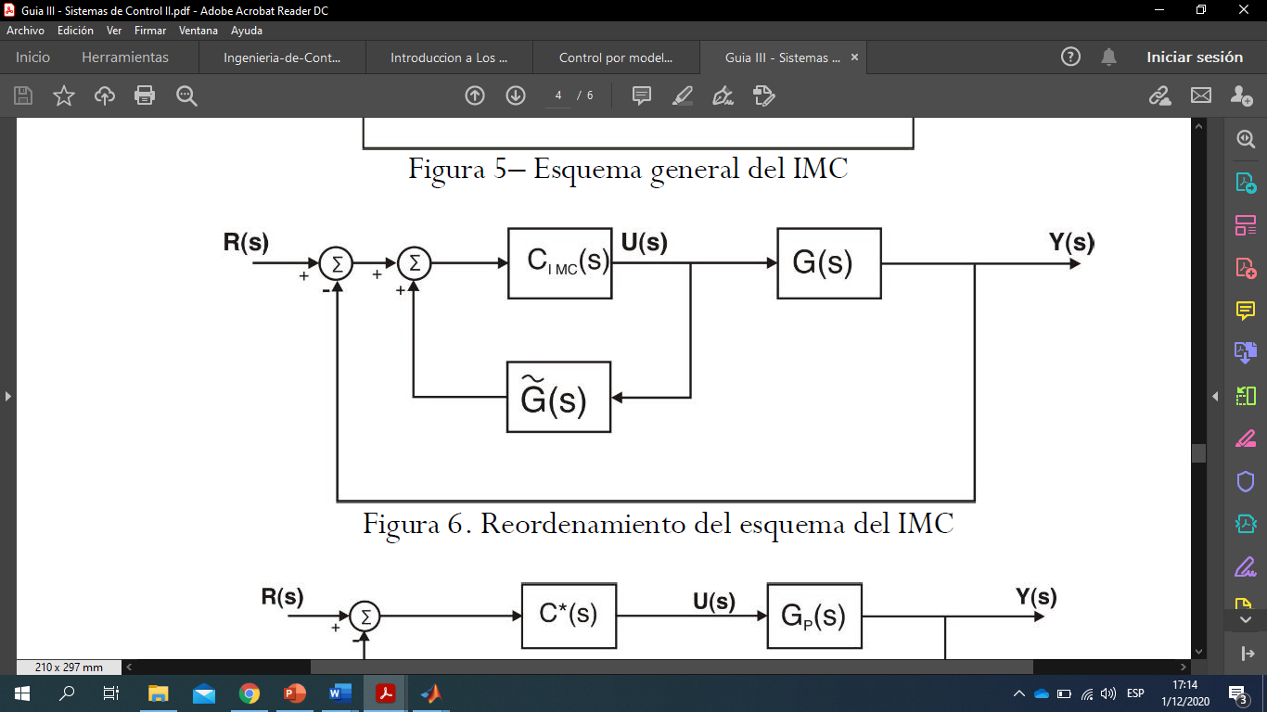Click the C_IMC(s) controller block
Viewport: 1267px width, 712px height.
coord(559,263)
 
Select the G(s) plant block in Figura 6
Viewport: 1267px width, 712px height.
coord(828,263)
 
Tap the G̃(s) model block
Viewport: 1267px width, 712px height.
coord(559,397)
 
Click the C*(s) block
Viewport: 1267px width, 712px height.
coord(569,616)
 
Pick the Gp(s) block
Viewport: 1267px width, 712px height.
coord(814,616)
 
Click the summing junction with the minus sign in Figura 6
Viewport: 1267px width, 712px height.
coord(336,263)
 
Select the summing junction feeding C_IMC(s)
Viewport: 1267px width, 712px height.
coord(414,263)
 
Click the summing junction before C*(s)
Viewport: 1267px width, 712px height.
coord(365,616)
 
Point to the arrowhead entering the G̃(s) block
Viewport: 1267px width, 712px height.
coord(617,398)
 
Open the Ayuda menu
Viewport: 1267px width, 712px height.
coord(247,31)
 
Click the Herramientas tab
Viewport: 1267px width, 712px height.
coord(125,57)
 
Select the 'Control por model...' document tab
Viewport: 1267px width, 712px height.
coord(615,57)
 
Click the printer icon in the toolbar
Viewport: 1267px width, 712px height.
coord(145,95)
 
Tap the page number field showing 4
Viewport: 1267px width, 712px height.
coord(558,95)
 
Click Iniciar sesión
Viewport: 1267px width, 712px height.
coord(1195,57)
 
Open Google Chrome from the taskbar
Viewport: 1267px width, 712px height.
coord(249,693)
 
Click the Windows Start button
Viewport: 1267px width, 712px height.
coord(21,693)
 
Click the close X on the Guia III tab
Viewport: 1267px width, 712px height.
coord(854,57)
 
